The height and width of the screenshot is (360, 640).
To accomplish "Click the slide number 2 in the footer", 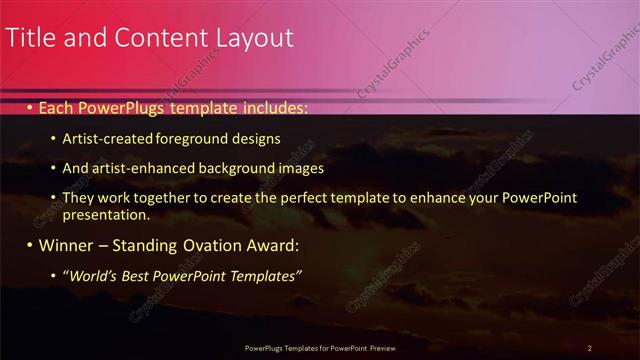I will click(590, 347).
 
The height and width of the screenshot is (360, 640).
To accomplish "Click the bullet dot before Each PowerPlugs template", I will click(30, 106).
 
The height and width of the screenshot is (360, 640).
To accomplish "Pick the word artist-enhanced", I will click(138, 169).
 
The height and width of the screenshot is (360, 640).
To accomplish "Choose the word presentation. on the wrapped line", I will click(106, 215).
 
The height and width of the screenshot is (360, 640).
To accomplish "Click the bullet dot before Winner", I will click(30, 245).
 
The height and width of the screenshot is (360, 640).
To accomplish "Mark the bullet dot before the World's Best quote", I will click(53, 275).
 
